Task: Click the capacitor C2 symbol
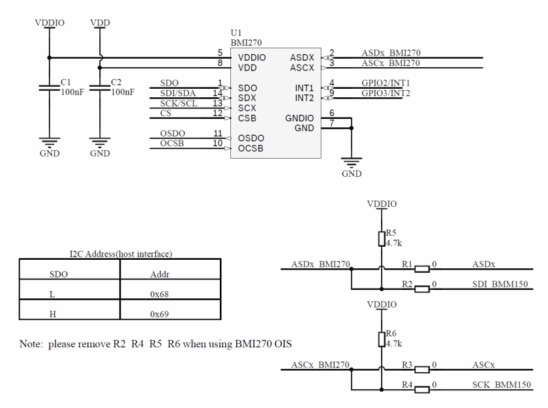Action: pos(100,88)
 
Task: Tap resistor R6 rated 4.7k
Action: pos(381,338)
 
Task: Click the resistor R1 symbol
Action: pos(422,268)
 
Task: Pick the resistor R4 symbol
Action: pos(422,390)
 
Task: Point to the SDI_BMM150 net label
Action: pos(500,284)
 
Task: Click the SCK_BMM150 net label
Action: pos(501,385)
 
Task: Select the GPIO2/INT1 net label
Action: pos(386,83)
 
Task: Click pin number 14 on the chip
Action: pos(218,93)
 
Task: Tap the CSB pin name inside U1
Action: pos(247,118)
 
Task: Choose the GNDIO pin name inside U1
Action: pos(299,118)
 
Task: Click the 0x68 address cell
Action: pos(160,294)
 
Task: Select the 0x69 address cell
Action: pos(160,314)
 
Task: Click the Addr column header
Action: pos(160,275)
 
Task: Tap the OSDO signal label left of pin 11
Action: pos(173,134)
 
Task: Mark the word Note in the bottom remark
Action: pos(31,345)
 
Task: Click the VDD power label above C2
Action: pos(100,23)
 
